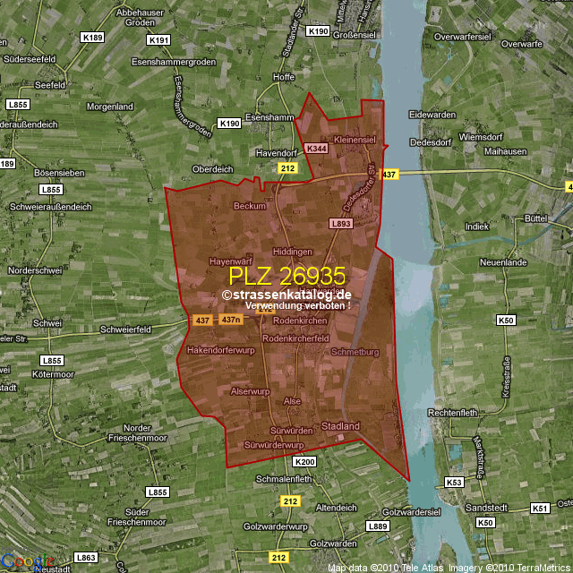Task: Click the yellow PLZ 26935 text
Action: point(286,276)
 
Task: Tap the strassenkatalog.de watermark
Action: point(286,294)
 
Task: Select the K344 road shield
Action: point(316,148)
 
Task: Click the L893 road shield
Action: point(340,224)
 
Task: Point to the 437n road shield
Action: point(231,320)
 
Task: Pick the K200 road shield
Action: point(304,461)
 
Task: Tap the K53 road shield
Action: point(454,483)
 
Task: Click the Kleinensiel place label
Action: point(355,141)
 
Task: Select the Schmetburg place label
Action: point(355,352)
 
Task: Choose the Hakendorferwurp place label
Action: point(221,349)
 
